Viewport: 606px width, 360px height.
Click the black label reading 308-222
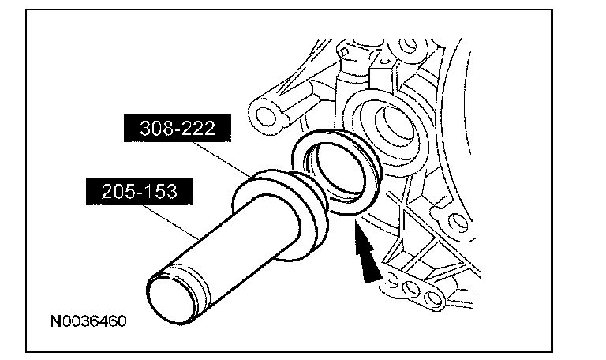(178, 128)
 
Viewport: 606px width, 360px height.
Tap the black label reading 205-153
(140, 191)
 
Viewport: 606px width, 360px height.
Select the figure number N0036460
(88, 321)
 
